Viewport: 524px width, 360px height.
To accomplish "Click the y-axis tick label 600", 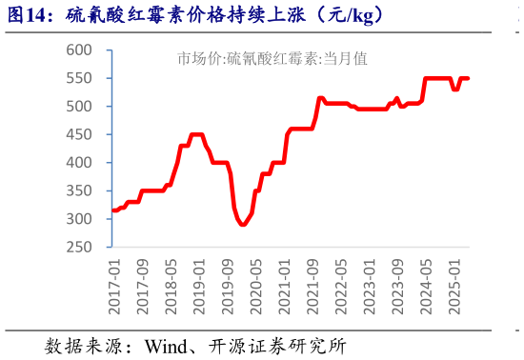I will point(80,50).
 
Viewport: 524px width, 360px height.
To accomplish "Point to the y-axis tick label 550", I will point(80,78).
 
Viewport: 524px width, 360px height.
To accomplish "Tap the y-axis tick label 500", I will point(80,106).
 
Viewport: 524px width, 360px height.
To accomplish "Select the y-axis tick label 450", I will point(80,134).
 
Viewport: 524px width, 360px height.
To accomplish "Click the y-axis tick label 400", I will point(80,163).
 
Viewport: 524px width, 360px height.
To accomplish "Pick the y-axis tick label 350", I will point(80,190).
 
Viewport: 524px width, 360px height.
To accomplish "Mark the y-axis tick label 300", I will point(80,219).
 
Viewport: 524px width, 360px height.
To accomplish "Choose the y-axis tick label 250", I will point(80,248).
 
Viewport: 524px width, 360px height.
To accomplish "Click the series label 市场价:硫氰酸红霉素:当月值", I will point(272,58).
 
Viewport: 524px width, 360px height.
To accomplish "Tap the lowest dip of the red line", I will point(243,225).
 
